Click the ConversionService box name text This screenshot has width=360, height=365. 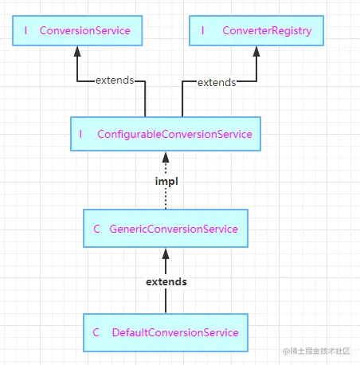85,30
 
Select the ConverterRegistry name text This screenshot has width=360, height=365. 267,31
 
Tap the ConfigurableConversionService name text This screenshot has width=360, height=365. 174,135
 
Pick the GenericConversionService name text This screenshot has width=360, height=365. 174,229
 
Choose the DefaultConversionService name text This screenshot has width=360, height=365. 175,332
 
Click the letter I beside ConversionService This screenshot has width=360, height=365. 25,30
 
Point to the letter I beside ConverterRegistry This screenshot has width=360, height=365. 203,30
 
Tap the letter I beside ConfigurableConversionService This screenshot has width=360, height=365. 80,134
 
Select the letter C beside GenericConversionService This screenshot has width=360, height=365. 96,229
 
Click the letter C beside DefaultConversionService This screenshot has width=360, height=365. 96,332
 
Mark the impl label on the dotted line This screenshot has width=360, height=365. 166,182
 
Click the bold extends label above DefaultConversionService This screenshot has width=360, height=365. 166,282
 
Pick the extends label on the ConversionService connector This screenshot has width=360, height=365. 115,80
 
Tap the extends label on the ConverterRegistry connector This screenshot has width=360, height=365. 217,83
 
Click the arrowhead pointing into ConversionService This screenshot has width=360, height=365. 77,51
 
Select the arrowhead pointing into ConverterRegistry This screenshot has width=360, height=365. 256,51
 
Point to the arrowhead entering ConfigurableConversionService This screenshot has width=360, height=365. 166,157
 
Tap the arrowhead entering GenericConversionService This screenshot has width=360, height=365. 166,254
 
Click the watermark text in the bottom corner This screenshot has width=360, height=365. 316,351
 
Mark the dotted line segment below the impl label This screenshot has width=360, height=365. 166,198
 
